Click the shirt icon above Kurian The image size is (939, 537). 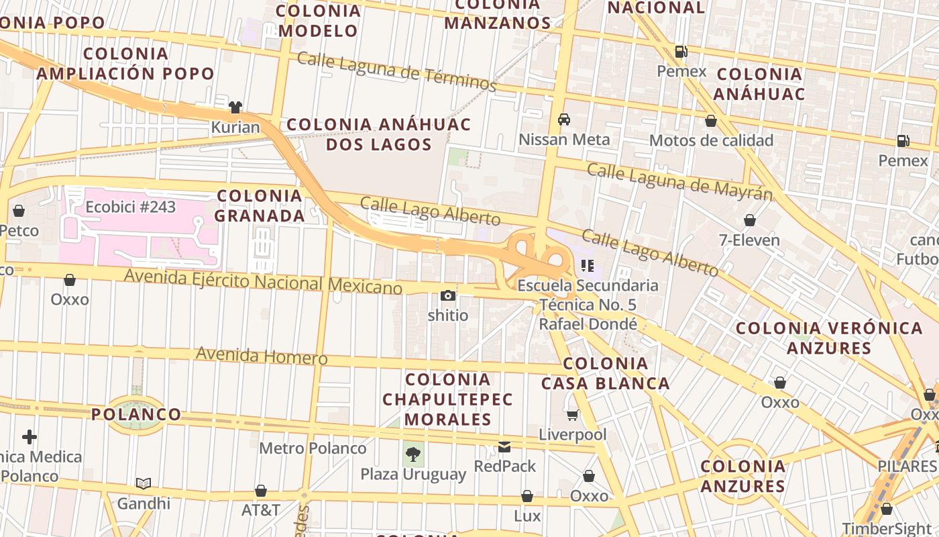(x=235, y=107)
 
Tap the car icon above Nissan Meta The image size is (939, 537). (x=564, y=119)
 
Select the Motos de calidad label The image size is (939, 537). (x=711, y=140)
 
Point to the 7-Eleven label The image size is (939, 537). (x=749, y=240)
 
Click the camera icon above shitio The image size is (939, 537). (x=447, y=295)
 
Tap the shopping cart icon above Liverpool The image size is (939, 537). (x=572, y=415)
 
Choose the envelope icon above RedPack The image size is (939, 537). (x=504, y=446)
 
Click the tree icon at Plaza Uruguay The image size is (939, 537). (x=413, y=454)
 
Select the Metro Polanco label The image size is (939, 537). (x=313, y=448)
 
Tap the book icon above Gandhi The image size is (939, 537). (x=144, y=483)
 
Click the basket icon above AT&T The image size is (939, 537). (x=261, y=491)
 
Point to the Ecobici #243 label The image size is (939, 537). (x=130, y=207)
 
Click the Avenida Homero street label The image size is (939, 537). (x=262, y=355)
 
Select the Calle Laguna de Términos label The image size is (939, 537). (x=396, y=71)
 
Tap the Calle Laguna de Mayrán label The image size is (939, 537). (x=679, y=181)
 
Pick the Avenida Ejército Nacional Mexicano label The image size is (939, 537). (x=264, y=281)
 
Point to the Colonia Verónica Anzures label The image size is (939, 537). (x=829, y=338)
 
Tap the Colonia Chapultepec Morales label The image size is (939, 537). (x=447, y=399)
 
